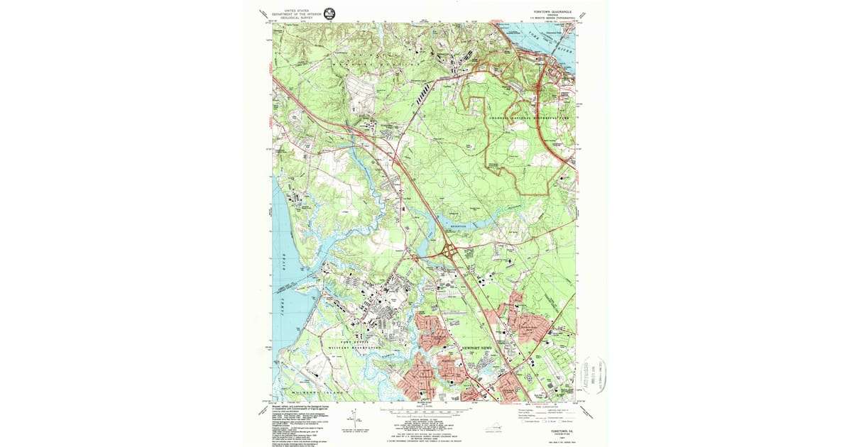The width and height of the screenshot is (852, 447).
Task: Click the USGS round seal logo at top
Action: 330,13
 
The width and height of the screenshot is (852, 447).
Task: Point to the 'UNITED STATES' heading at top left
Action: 297,10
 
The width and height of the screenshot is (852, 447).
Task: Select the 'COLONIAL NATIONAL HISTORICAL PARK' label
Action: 530,118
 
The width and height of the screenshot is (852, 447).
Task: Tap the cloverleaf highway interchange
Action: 449,250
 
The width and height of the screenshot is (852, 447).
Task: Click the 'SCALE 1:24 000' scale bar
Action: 425,411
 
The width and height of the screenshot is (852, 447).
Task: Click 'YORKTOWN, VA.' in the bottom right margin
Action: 560,429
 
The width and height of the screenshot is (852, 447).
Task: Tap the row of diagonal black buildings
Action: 422,92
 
